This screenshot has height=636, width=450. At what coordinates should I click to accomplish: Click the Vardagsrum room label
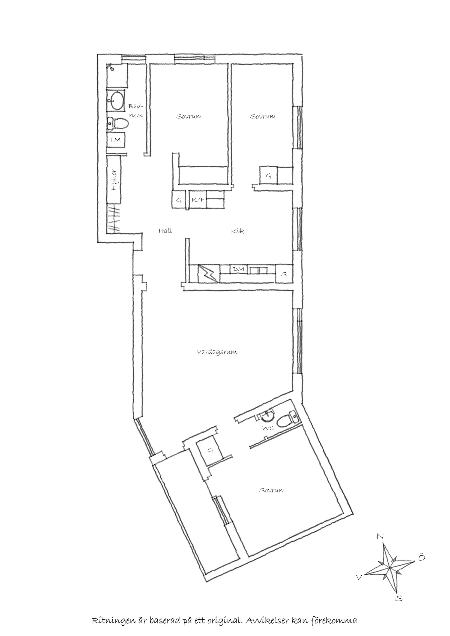(217, 352)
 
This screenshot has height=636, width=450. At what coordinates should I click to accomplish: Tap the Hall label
(166, 231)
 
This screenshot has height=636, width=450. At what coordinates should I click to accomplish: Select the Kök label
(238, 231)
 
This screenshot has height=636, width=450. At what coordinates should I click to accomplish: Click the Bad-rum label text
(136, 110)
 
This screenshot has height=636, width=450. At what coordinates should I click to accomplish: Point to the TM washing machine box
(116, 140)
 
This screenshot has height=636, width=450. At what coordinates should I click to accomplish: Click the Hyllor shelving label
(114, 180)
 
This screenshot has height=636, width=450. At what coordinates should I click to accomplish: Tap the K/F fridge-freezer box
(198, 200)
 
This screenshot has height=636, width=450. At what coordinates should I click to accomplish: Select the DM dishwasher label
(239, 269)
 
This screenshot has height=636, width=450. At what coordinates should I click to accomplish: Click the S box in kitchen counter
(284, 274)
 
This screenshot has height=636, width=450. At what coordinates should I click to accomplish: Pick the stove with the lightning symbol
(209, 274)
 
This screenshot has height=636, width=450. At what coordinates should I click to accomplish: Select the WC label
(268, 428)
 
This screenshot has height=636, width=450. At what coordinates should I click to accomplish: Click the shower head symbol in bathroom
(110, 67)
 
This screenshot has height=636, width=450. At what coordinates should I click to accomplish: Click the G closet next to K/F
(179, 200)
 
